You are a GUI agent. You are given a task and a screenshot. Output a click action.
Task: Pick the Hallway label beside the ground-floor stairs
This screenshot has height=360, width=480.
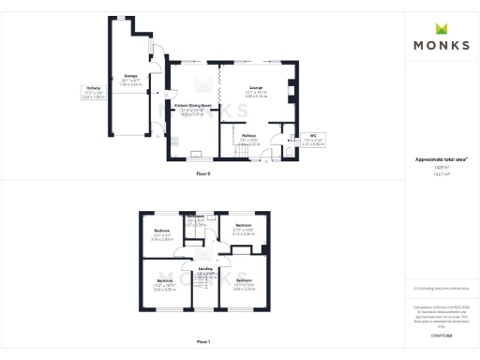click(248, 136)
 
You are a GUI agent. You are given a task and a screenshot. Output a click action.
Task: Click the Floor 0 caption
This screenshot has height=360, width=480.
click(203, 174)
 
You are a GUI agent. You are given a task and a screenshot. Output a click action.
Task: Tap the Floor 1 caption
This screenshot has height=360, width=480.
click(203, 341)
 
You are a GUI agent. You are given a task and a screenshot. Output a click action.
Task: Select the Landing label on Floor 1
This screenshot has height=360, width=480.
click(204, 270)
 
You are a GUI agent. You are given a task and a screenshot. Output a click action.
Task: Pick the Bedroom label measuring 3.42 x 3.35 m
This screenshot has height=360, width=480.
click(165, 281)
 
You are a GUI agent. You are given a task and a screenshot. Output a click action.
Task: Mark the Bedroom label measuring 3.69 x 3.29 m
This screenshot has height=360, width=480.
click(243, 281)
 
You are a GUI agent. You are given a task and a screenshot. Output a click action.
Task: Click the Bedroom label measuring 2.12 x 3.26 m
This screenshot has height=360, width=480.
click(243, 226)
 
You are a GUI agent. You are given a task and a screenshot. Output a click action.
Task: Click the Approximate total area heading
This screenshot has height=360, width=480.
click(441, 160)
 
